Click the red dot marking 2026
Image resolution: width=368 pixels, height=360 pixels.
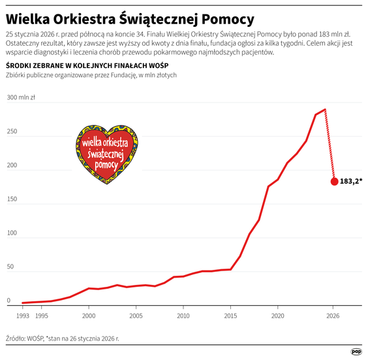click(x=334, y=182)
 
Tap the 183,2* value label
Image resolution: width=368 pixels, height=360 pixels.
click(x=351, y=182)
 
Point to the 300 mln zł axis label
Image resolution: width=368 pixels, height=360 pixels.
click(x=21, y=97)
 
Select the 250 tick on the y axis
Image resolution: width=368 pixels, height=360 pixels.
click(x=12, y=131)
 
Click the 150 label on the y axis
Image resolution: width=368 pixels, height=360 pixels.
click(x=12, y=199)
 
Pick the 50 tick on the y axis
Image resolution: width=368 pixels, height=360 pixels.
click(x=10, y=267)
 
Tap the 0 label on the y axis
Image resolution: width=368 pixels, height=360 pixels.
click(x=8, y=301)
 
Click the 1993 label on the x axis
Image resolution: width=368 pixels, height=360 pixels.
click(x=22, y=316)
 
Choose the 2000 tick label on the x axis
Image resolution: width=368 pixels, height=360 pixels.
click(x=89, y=316)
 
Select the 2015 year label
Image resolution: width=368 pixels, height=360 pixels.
click(x=230, y=316)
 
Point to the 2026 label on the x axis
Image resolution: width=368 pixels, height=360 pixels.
click(x=334, y=316)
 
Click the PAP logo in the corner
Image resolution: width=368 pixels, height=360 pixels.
click(x=356, y=351)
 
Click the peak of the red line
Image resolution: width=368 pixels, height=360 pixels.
click(x=325, y=110)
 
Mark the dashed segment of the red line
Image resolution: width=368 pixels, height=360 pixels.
click(x=330, y=145)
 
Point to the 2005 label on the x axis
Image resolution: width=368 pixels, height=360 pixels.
click(x=136, y=316)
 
